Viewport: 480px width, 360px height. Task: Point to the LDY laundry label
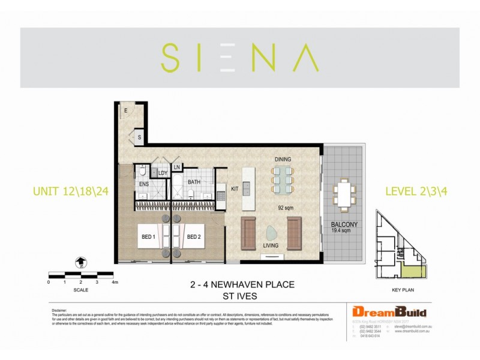[x=163, y=173]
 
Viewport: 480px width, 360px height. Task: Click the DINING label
[x=283, y=159]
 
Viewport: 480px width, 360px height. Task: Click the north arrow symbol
[x=80, y=262]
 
